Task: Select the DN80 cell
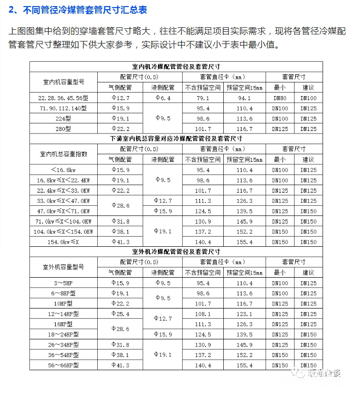click(x=279, y=98)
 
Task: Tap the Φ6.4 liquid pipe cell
click(x=163, y=98)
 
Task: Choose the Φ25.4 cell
click(x=120, y=314)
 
